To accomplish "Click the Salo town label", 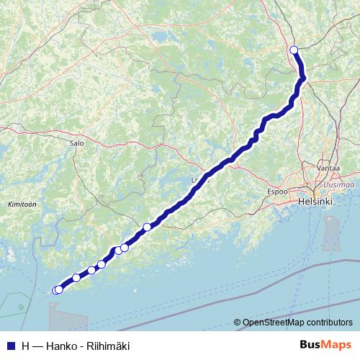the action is pyautogui.click(x=77, y=143).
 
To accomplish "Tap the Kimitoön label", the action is pyautogui.click(x=22, y=204).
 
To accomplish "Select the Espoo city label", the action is pyautogui.click(x=277, y=192).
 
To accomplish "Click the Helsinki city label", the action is pyautogui.click(x=315, y=202).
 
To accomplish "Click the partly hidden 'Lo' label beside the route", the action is pyautogui.click(x=195, y=180).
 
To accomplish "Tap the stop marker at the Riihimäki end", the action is pyautogui.click(x=293, y=50).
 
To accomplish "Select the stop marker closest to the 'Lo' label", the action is pyautogui.click(x=147, y=227).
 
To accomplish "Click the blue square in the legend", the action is pyautogui.click(x=10, y=346).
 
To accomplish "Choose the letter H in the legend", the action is pyautogui.click(x=26, y=346).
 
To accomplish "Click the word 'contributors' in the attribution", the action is pyautogui.click(x=326, y=323).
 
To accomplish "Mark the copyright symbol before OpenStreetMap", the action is pyautogui.click(x=237, y=323).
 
